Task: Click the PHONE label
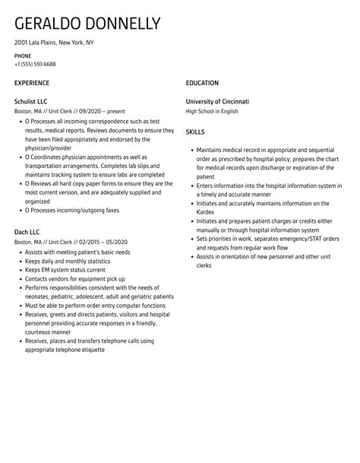pos(23,56)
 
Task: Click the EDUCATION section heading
pos(202,83)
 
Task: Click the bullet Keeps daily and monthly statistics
pos(74,261)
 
